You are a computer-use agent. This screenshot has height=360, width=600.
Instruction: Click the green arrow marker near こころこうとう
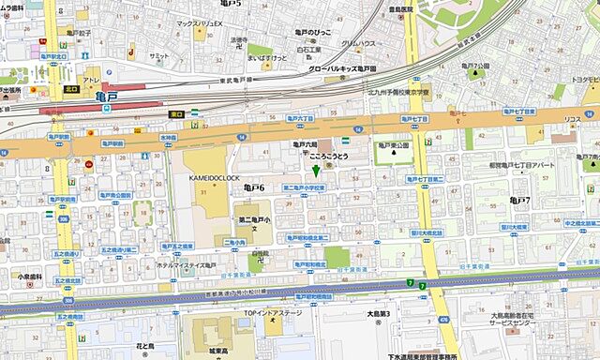pyautogui.click(x=316, y=171)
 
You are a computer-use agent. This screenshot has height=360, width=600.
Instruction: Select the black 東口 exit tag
pyautogui.click(x=176, y=114)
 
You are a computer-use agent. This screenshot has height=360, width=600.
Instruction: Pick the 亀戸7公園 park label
pyautogui.click(x=476, y=66)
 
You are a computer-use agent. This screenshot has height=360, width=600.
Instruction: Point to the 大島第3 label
pyautogui.click(x=379, y=314)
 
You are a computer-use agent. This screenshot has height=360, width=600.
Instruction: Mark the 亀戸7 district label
pyautogui.click(x=519, y=200)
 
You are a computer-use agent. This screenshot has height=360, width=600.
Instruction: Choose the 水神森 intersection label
pyautogui.click(x=169, y=137)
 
